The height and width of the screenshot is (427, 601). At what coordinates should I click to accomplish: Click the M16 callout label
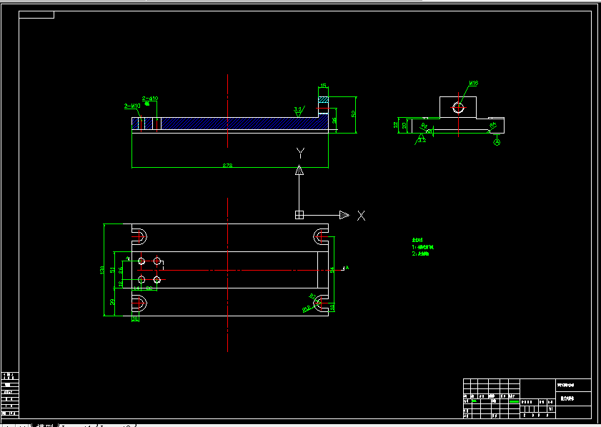pyautogui.click(x=473, y=84)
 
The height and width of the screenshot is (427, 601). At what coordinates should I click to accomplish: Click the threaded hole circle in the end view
pyautogui.click(x=457, y=108)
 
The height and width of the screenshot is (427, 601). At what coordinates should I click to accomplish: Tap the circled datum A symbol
pyautogui.click(x=497, y=142)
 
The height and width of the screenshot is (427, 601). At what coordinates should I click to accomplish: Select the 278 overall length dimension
pyautogui.click(x=227, y=166)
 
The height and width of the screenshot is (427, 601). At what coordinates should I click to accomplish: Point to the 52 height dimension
pyautogui.click(x=353, y=114)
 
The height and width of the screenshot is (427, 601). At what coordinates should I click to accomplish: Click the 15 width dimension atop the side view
pyautogui.click(x=323, y=86)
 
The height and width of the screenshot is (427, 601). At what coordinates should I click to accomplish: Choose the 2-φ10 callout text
pyautogui.click(x=150, y=98)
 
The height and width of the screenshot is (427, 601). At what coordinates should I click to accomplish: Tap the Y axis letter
pyautogui.click(x=301, y=153)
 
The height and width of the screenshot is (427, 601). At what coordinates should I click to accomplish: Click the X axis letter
pyautogui.click(x=362, y=215)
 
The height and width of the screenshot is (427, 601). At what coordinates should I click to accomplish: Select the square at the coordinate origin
pyautogui.click(x=299, y=214)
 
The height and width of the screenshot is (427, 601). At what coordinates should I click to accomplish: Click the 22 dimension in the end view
pyautogui.click(x=396, y=124)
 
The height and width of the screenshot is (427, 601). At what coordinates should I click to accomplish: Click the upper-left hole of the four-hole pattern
pyautogui.click(x=141, y=261)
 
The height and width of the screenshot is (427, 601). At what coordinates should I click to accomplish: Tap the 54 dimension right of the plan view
pyautogui.click(x=332, y=269)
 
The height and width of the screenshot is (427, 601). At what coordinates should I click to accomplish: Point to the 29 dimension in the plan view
pyautogui.click(x=112, y=302)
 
